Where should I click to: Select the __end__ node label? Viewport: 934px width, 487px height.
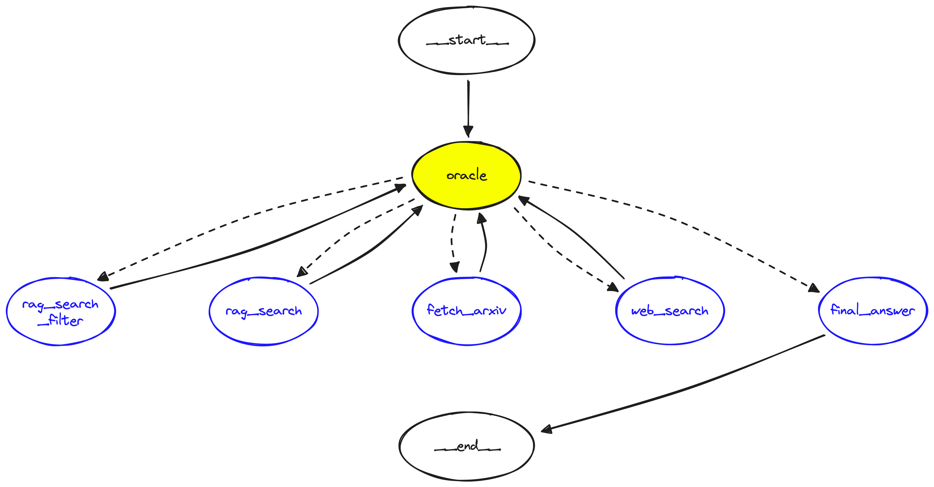tap(467, 446)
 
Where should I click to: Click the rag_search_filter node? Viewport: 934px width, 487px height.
tap(61, 312)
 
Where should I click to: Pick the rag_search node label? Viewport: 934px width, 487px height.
tap(264, 311)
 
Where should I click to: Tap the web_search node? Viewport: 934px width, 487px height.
tap(670, 311)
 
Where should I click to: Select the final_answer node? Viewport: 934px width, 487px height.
tap(873, 310)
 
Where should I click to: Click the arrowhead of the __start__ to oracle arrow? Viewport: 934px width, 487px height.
tap(468, 131)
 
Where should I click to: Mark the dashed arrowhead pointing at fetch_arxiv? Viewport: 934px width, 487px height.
tap(454, 267)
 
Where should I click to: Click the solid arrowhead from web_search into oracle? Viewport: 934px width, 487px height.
tap(524, 200)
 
